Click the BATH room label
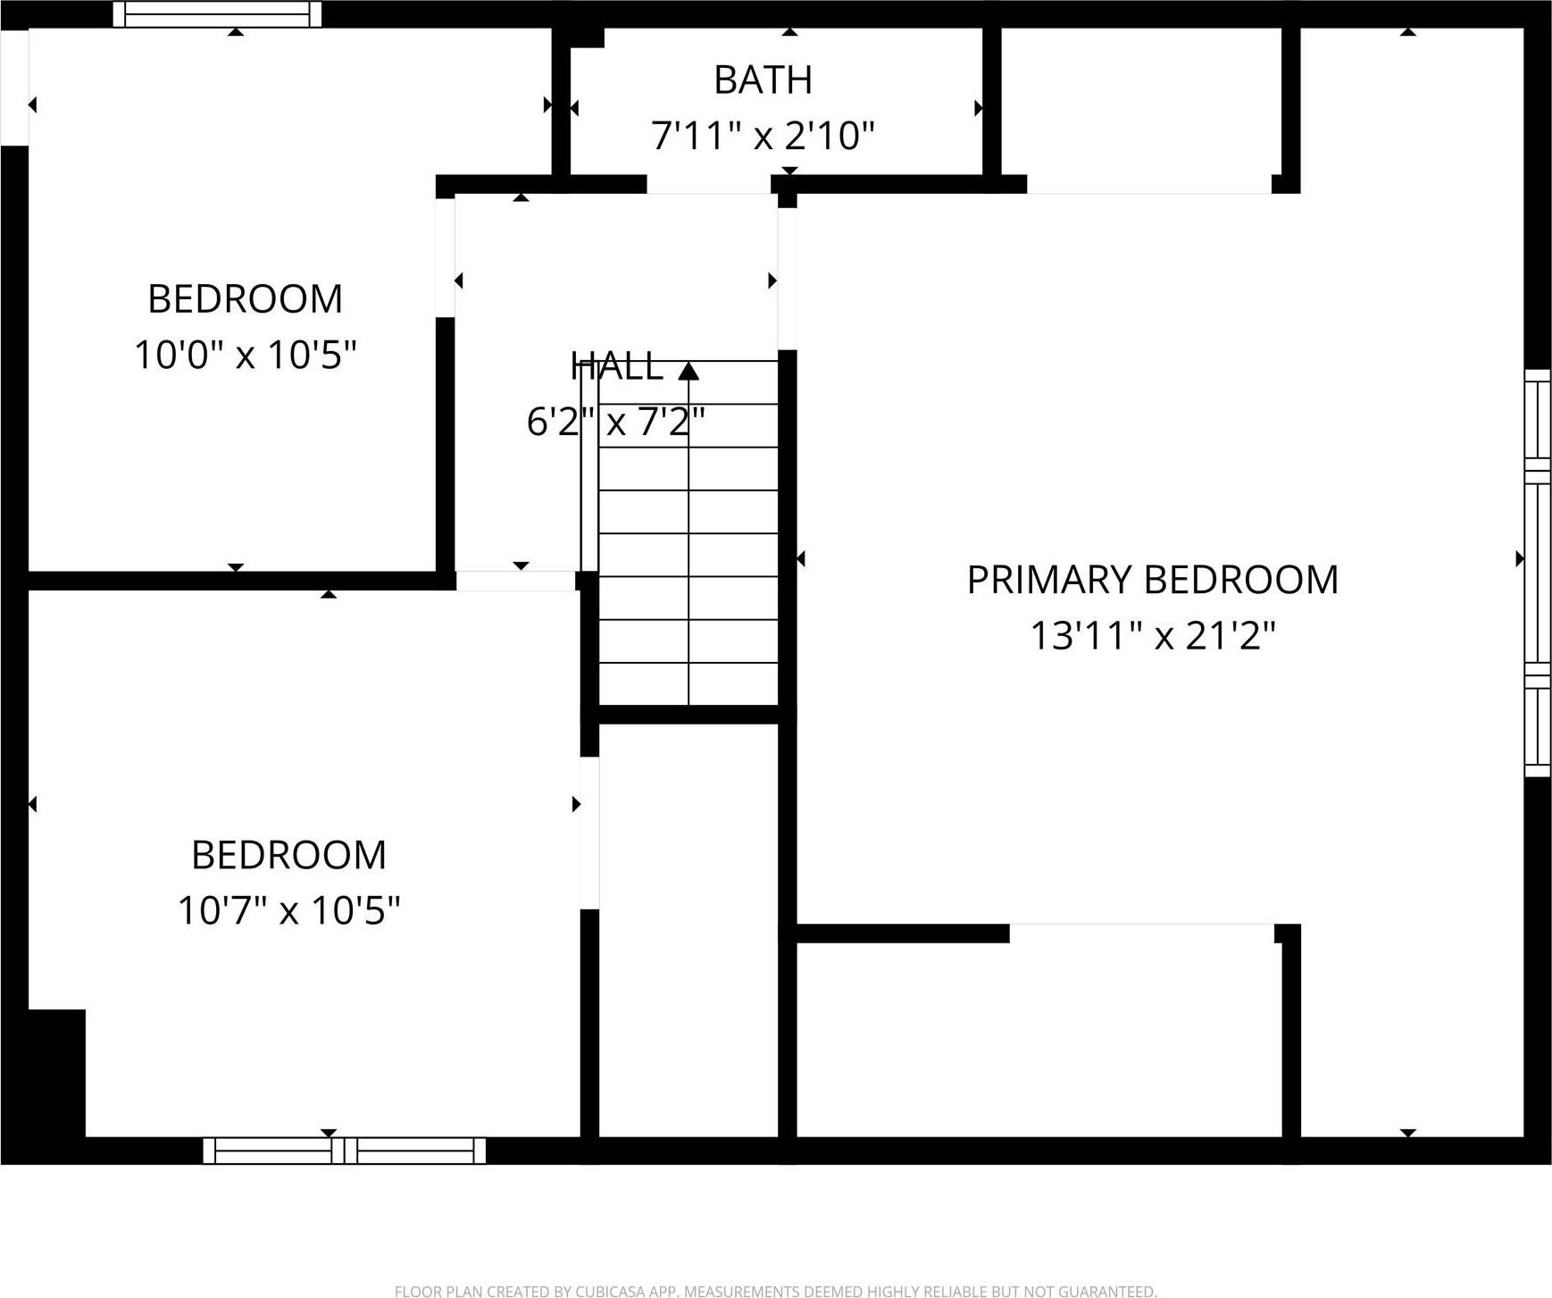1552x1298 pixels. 763,80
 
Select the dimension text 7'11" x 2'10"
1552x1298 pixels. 763,136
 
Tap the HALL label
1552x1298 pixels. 616,366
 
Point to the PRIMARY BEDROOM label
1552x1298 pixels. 1153,580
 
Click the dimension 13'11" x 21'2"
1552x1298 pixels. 1153,636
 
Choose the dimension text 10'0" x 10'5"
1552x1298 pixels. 246,355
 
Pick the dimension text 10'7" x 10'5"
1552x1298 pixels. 288,911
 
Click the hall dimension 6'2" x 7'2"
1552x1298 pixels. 616,422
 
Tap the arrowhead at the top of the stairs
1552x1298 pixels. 688,370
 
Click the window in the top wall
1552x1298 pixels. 217,14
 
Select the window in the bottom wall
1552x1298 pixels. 345,1151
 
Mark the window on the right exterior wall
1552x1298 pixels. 1537,573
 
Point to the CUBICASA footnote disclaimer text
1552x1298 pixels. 775,1291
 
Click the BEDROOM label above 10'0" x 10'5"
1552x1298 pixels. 246,298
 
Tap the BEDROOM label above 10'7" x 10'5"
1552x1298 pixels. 288,855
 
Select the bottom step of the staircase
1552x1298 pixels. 688,683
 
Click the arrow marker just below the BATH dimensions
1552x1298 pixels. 789,171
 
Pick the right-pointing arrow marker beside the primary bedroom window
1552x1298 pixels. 1520,559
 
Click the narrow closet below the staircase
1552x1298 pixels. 688,930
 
